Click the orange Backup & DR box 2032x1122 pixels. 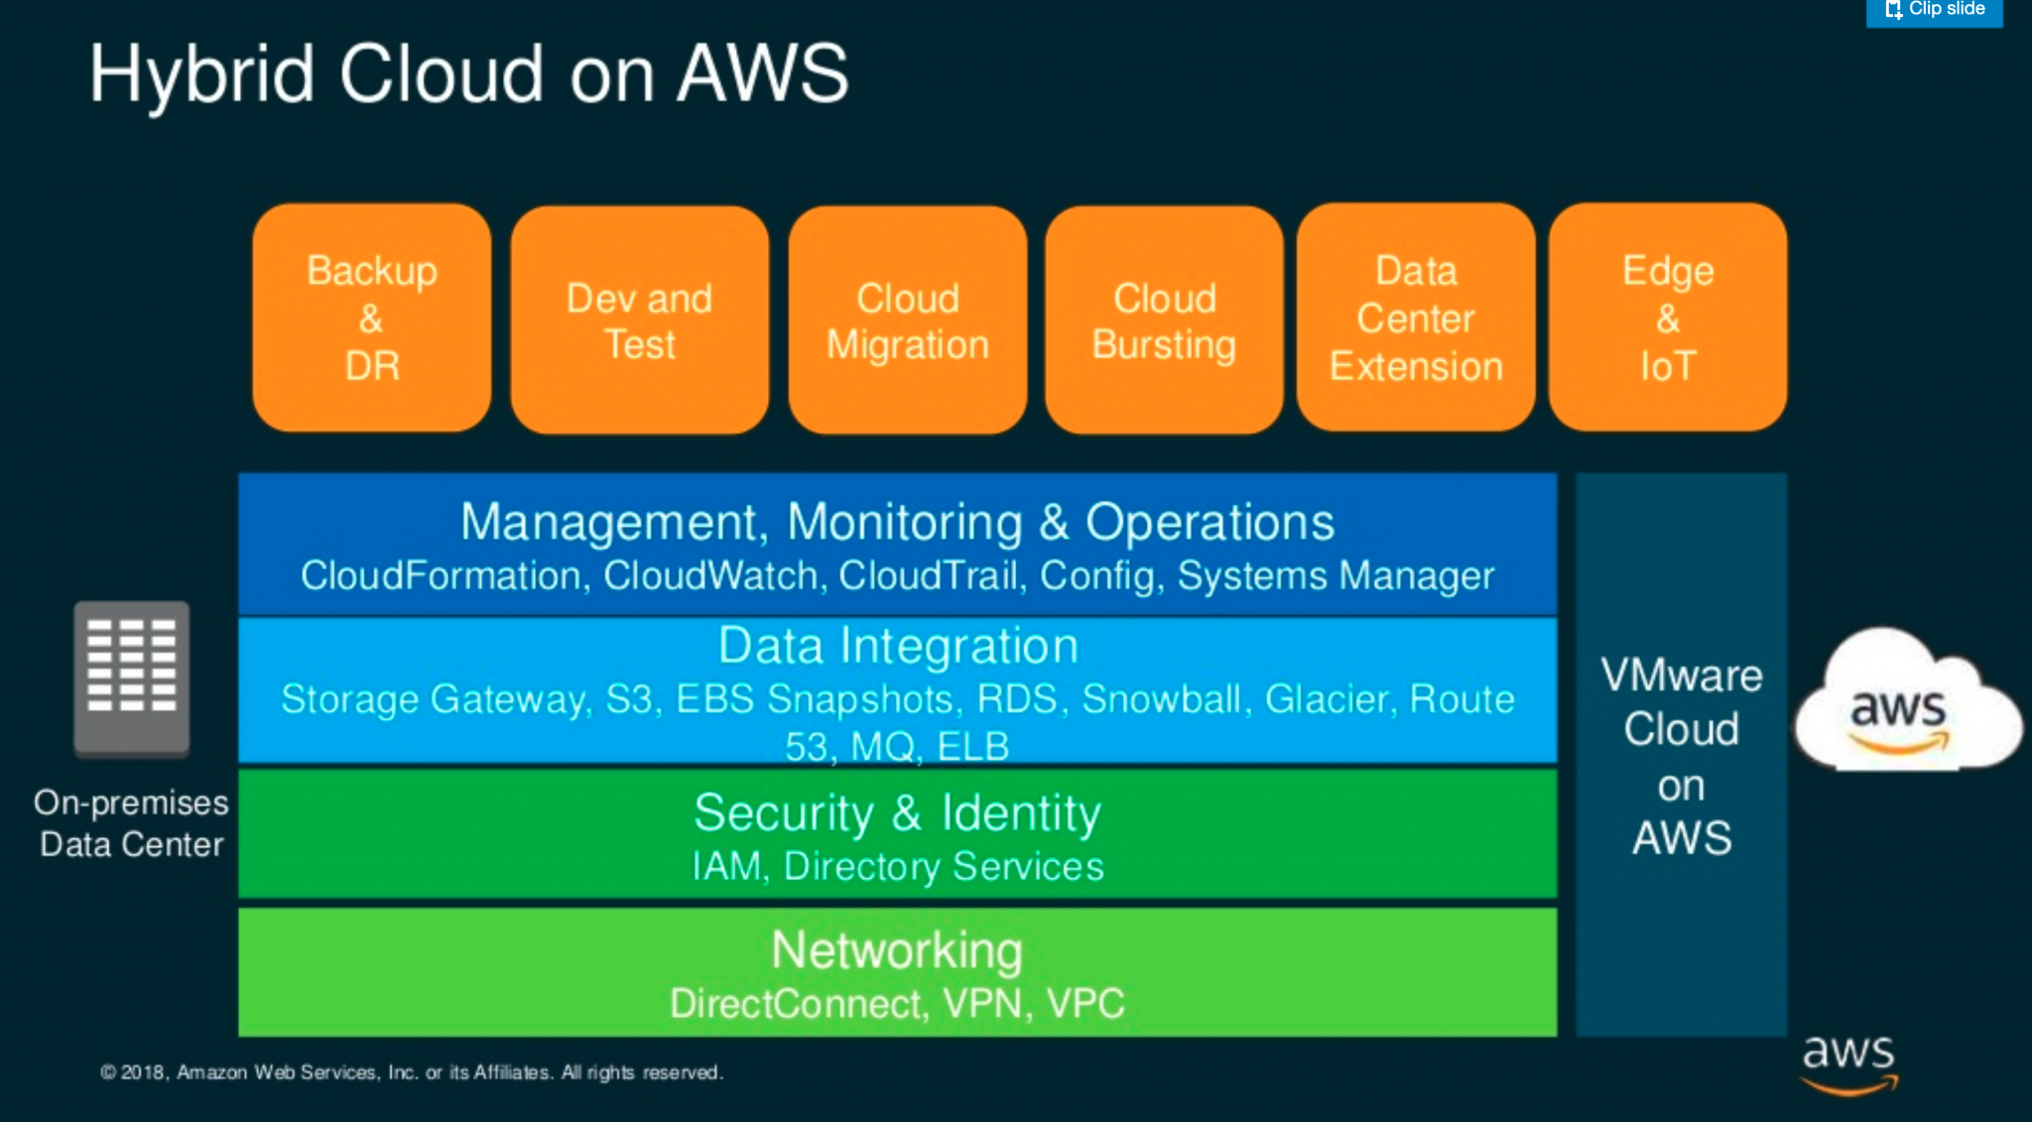point(372,317)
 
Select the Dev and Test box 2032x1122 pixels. point(640,319)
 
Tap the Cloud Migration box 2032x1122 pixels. point(908,319)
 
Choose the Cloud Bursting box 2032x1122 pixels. point(1164,319)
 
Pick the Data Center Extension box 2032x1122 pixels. point(1416,317)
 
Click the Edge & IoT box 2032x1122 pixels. point(1668,317)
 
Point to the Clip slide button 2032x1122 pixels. point(1935,11)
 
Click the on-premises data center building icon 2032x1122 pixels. point(132,680)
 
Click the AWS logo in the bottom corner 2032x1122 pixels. point(1849,1063)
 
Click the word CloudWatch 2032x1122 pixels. point(710,576)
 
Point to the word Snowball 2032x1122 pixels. point(1161,699)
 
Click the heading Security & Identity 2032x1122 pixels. point(897,813)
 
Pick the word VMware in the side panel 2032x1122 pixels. point(1682,677)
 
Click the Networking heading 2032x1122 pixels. point(897,950)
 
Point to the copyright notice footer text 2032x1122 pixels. point(412,1072)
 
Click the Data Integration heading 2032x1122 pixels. point(898,646)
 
